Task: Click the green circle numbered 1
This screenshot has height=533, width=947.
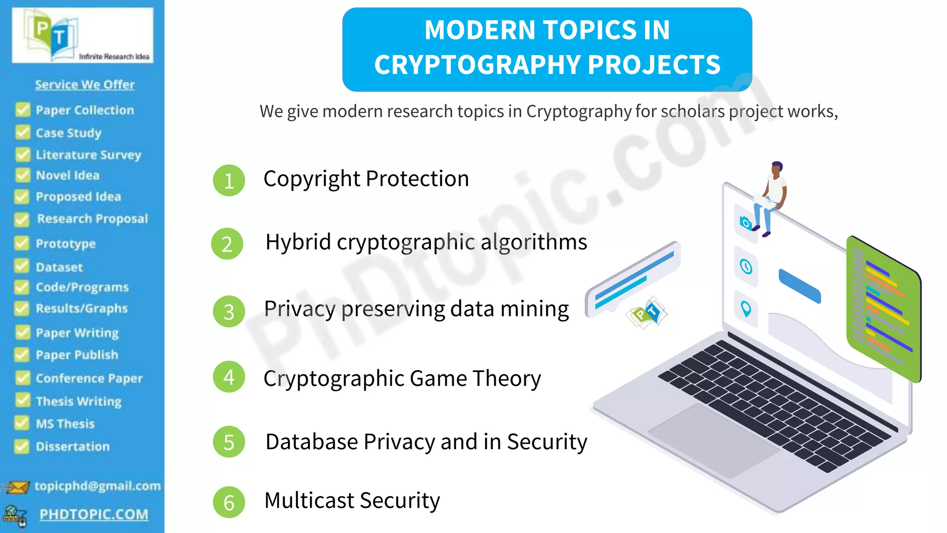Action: pyautogui.click(x=228, y=180)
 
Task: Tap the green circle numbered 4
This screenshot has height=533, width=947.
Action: pyautogui.click(x=228, y=377)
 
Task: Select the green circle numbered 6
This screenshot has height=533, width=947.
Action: pyautogui.click(x=228, y=502)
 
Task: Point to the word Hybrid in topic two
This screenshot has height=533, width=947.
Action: pyautogui.click(x=298, y=242)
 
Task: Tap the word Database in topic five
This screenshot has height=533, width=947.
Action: pyautogui.click(x=312, y=441)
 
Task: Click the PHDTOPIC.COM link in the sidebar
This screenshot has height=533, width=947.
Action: pyautogui.click(x=94, y=514)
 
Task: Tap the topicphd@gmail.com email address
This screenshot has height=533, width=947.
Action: pyautogui.click(x=98, y=486)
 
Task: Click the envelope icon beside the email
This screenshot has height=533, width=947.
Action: pyautogui.click(x=17, y=487)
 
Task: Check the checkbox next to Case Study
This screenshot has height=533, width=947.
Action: pyautogui.click(x=22, y=132)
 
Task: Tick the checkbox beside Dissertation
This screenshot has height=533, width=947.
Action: pyautogui.click(x=21, y=446)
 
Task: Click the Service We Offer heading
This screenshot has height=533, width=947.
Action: pyautogui.click(x=85, y=85)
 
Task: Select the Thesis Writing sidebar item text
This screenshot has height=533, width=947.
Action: pyautogui.click(x=79, y=401)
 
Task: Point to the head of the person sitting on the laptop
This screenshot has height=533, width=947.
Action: pyautogui.click(x=777, y=167)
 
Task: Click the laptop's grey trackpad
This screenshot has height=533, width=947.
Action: pyautogui.click(x=712, y=440)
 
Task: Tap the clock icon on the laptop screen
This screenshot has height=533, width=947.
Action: pyautogui.click(x=746, y=267)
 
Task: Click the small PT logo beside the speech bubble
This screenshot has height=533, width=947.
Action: pyautogui.click(x=647, y=313)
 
